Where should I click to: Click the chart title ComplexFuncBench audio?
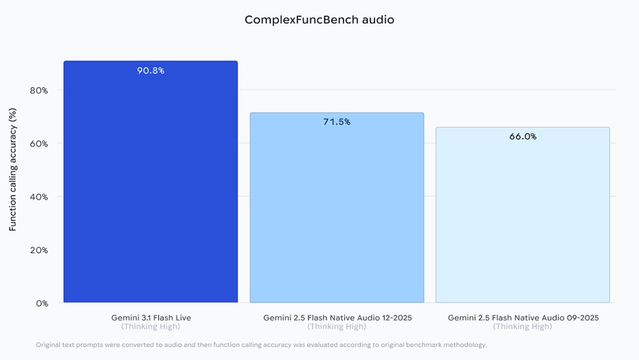(x=319, y=20)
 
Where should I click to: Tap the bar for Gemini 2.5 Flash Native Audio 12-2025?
(x=337, y=211)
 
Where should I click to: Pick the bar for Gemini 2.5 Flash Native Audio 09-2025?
(x=523, y=217)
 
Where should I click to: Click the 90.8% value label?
(x=151, y=70)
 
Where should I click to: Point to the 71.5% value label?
(x=337, y=121)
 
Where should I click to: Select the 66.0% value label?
(x=523, y=136)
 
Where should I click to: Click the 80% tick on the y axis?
(x=39, y=90)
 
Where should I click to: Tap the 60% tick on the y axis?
(x=39, y=143)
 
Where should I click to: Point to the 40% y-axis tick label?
(x=39, y=197)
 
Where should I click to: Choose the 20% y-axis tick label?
(x=39, y=250)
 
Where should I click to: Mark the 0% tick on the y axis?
(x=42, y=303)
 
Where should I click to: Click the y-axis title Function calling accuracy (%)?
(x=13, y=169)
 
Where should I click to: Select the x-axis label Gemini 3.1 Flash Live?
(x=151, y=317)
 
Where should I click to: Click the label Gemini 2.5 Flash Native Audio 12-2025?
(x=337, y=317)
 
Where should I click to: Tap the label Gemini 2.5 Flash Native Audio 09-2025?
(x=523, y=317)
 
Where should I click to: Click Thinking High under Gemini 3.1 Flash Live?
(x=151, y=327)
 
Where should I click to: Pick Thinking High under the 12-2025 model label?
(x=337, y=327)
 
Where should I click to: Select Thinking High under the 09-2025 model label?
(x=523, y=327)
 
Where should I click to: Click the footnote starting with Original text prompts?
(x=261, y=345)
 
